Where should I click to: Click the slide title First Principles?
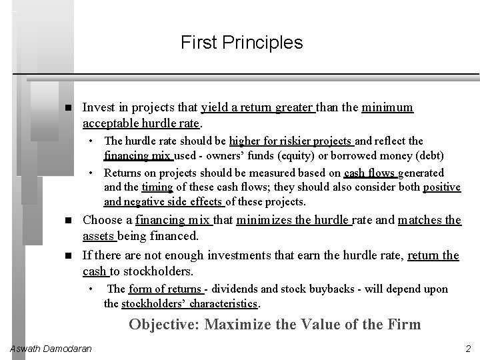241,43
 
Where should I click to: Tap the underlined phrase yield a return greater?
257,107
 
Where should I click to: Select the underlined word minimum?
387,107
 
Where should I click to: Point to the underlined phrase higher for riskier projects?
290,141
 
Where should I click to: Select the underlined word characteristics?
224,304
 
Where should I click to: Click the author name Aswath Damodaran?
50,349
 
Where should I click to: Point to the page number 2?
468,349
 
